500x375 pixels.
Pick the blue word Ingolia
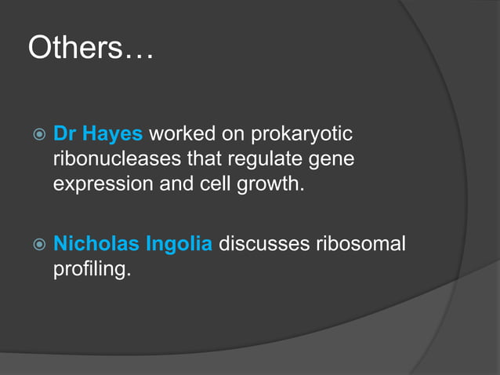point(179,244)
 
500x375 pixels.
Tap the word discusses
point(263,244)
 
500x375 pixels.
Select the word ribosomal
point(361,244)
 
